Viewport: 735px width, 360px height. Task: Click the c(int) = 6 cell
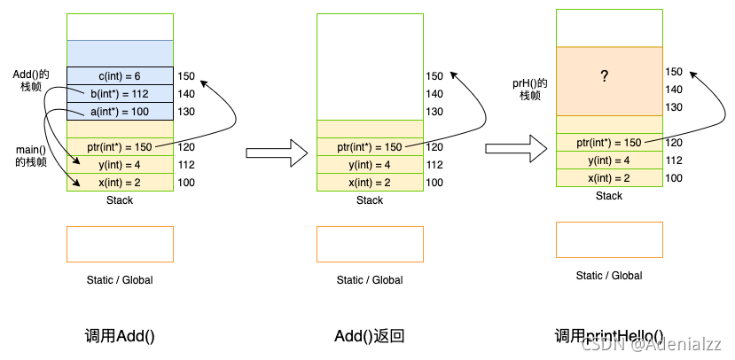pyautogui.click(x=120, y=76)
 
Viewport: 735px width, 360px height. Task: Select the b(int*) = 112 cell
pyautogui.click(x=120, y=94)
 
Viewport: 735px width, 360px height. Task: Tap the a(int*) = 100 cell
pyautogui.click(x=120, y=112)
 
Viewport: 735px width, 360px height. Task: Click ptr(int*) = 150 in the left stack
pyautogui.click(x=120, y=147)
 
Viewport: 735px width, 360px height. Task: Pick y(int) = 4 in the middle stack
pyautogui.click(x=370, y=165)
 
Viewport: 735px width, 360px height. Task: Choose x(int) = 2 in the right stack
pyautogui.click(x=609, y=178)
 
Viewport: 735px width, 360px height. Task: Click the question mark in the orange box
pyautogui.click(x=605, y=77)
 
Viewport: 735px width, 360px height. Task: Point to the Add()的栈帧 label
pyautogui.click(x=30, y=79)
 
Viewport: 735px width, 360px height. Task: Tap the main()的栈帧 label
pyautogui.click(x=32, y=156)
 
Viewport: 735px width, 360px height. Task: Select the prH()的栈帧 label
pyautogui.click(x=530, y=90)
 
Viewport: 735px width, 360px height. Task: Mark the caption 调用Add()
pyautogui.click(x=119, y=336)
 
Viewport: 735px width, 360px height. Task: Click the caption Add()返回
pyautogui.click(x=370, y=336)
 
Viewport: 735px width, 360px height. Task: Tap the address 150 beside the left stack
pyautogui.click(x=186, y=76)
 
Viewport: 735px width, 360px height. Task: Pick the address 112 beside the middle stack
pyautogui.click(x=434, y=165)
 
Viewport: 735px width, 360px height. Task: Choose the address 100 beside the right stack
pyautogui.click(x=674, y=178)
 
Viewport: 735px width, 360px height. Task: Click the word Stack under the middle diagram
pyautogui.click(x=370, y=200)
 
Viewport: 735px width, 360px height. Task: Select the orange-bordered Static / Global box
pyautogui.click(x=609, y=239)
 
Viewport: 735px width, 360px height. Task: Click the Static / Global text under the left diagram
pyautogui.click(x=120, y=280)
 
